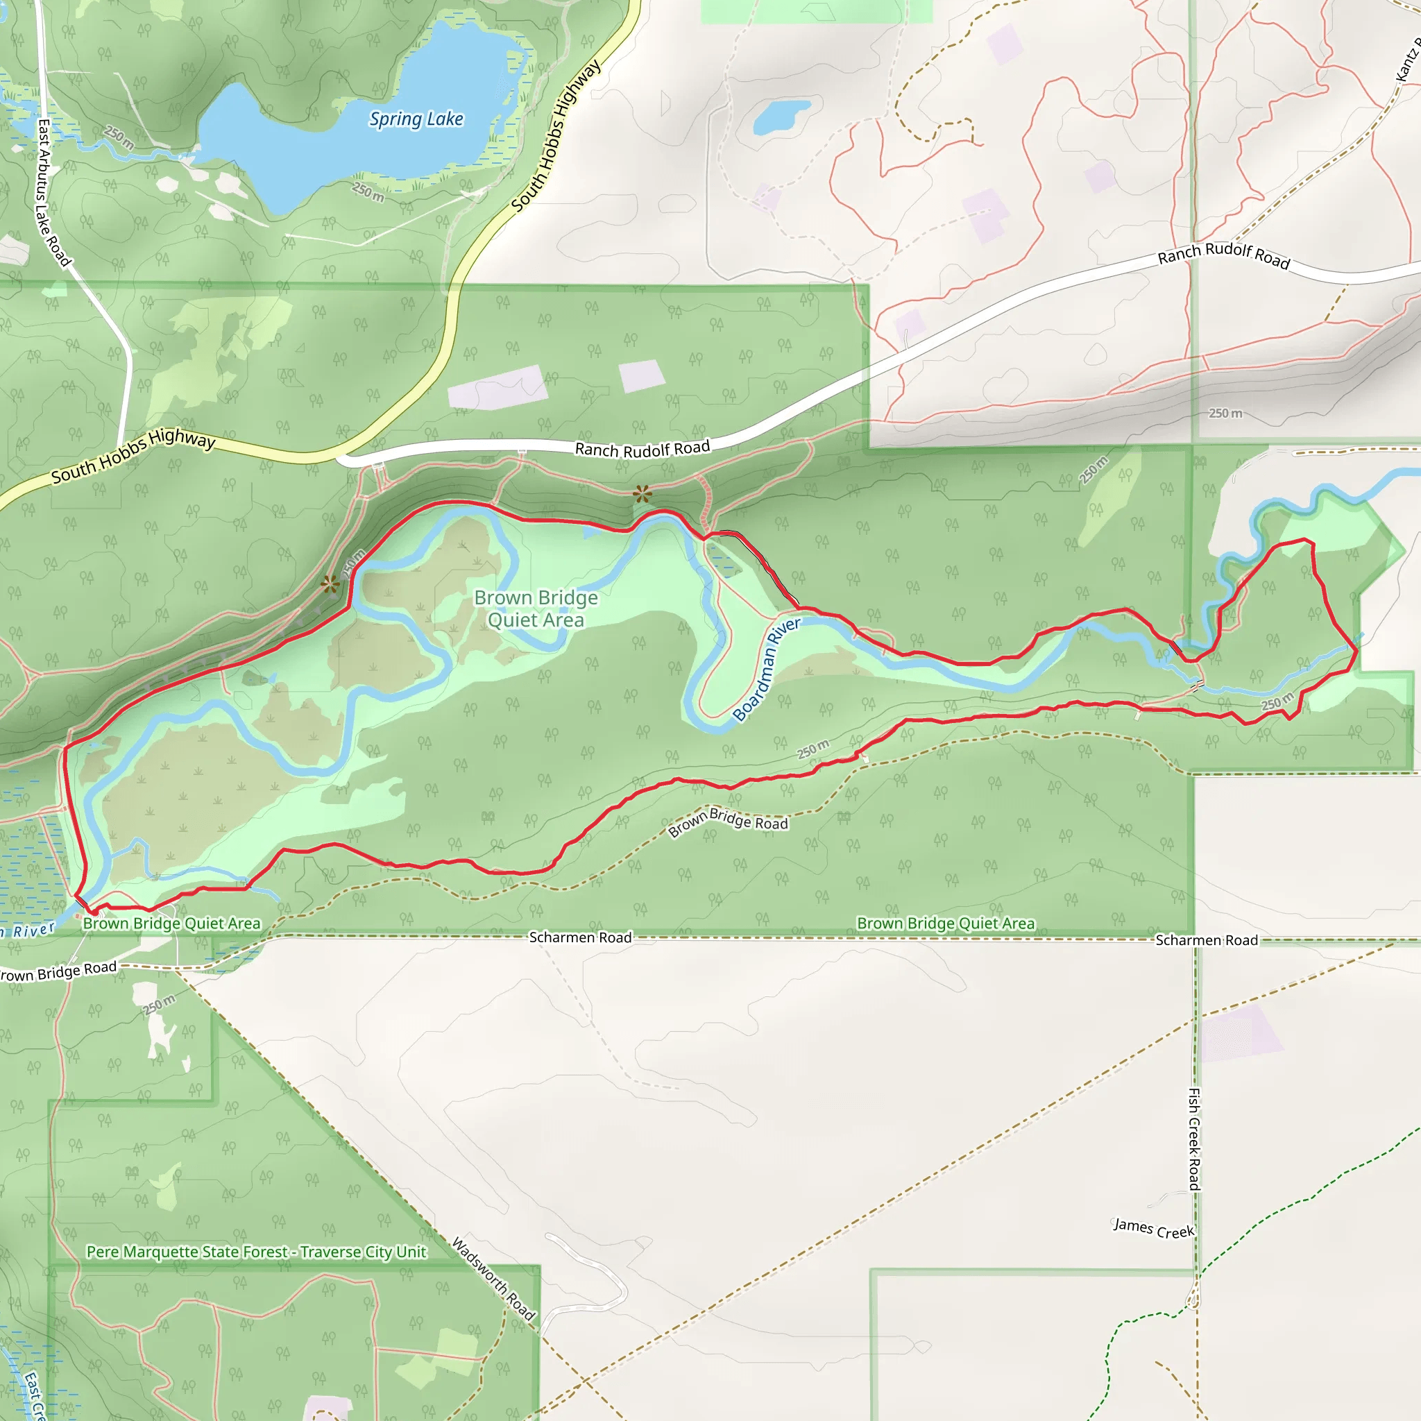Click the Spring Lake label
416,119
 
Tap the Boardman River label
766,670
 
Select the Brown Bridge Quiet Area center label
536,609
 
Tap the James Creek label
1153,1228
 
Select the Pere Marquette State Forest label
256,1252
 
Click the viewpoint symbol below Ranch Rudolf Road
643,493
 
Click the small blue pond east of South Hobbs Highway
781,115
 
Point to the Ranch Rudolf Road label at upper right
1223,255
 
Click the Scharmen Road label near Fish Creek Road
1206,940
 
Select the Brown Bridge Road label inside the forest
727,822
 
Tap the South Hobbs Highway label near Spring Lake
556,136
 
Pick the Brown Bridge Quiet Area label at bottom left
171,924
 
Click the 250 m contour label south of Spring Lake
368,192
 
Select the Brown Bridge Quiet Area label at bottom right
946,924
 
